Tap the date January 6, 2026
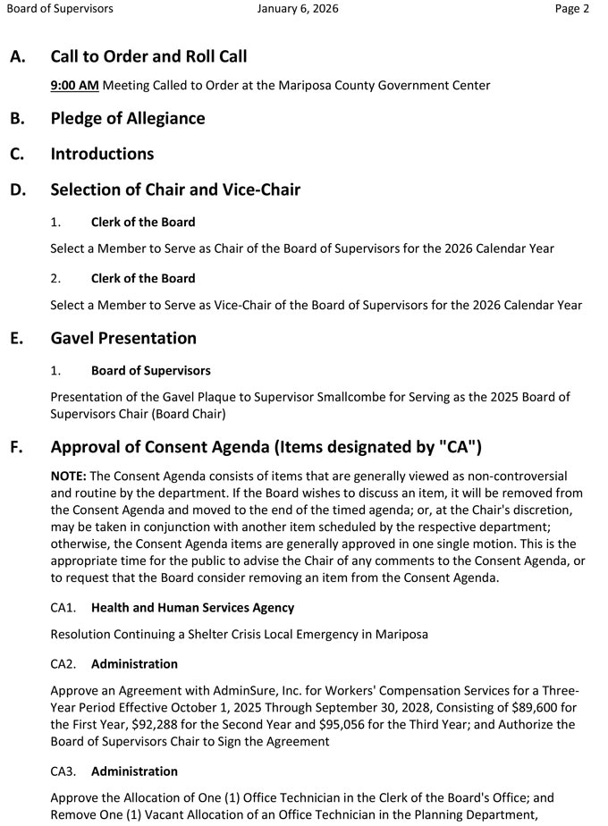pos(298,9)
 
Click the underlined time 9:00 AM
pos(74,86)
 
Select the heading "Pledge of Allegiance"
pos(128,118)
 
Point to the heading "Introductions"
pos(102,154)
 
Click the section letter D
pos(17,190)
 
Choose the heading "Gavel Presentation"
pos(123,338)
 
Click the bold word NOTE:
pos(68,476)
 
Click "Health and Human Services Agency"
pos(192,608)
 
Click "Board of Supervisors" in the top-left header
pos(60,9)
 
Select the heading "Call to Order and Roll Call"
pos(148,56)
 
